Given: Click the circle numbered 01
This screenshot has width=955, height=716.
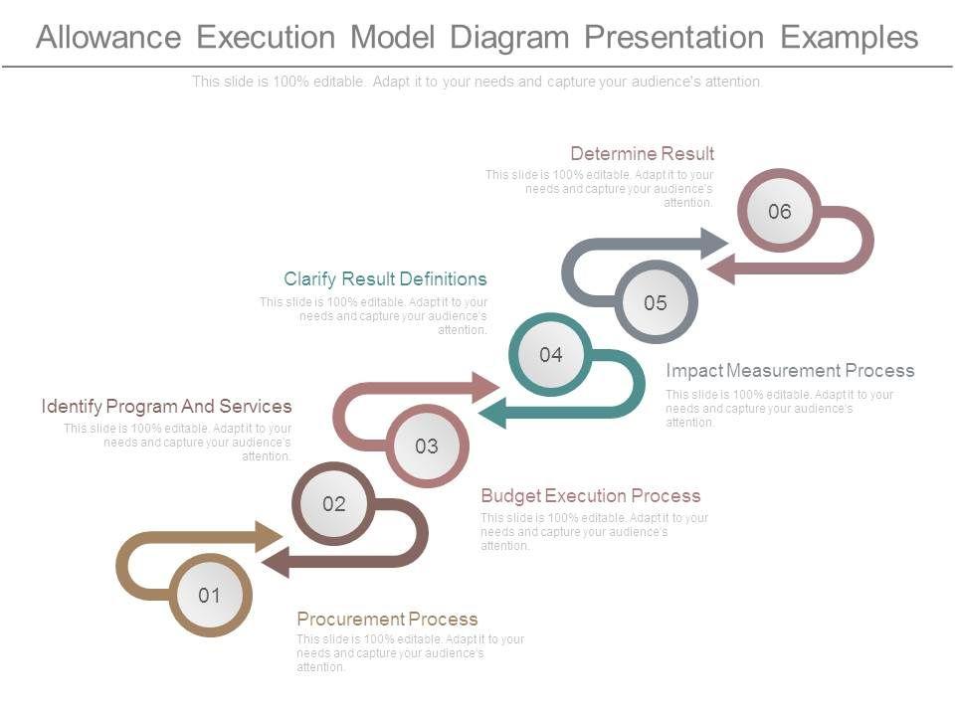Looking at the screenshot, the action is coord(209,595).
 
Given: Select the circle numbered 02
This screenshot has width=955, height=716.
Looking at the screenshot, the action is coord(333,503).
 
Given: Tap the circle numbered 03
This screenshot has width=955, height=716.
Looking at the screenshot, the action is coord(426,446).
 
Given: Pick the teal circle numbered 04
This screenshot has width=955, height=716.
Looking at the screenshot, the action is coord(550,354).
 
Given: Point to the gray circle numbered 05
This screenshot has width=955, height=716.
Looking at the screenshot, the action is coord(655,302).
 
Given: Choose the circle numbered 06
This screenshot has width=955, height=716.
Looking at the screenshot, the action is coord(779,211).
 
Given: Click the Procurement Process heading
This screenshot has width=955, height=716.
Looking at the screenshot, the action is coord(387,619).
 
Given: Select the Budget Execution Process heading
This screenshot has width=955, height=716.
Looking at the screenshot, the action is coord(590,495).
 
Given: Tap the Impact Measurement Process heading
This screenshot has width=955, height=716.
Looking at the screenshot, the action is coord(790,370).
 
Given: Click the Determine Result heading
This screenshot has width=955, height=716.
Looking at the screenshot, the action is coord(642,153).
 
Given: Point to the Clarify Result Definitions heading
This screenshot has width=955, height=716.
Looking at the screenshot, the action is coord(385,278).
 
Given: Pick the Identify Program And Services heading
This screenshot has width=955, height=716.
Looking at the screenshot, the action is coord(166,406).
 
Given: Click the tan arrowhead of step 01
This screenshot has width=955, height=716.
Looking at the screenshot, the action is coord(271,537).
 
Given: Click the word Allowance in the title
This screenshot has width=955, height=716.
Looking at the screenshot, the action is coord(108,37).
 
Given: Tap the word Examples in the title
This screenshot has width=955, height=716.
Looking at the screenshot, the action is coord(849,37).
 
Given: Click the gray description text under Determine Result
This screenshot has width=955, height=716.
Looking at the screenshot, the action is coord(599,188).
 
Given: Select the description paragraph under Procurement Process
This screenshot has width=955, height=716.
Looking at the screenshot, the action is coord(410,652).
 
